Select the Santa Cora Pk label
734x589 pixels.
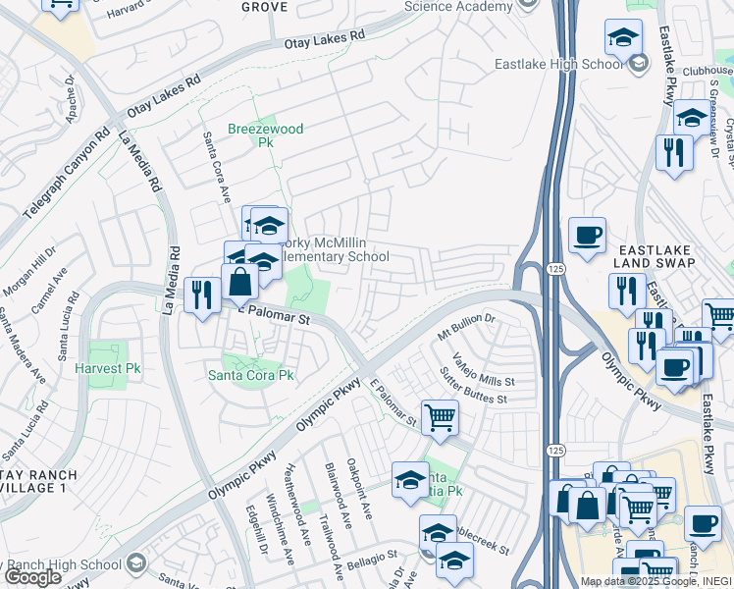click(250, 375)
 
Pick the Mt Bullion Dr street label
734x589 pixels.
click(467, 328)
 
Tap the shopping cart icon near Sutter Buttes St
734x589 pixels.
click(440, 416)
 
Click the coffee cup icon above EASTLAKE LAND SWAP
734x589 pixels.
click(587, 235)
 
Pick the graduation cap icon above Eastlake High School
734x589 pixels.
click(622, 37)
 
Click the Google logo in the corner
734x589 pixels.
click(32, 577)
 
